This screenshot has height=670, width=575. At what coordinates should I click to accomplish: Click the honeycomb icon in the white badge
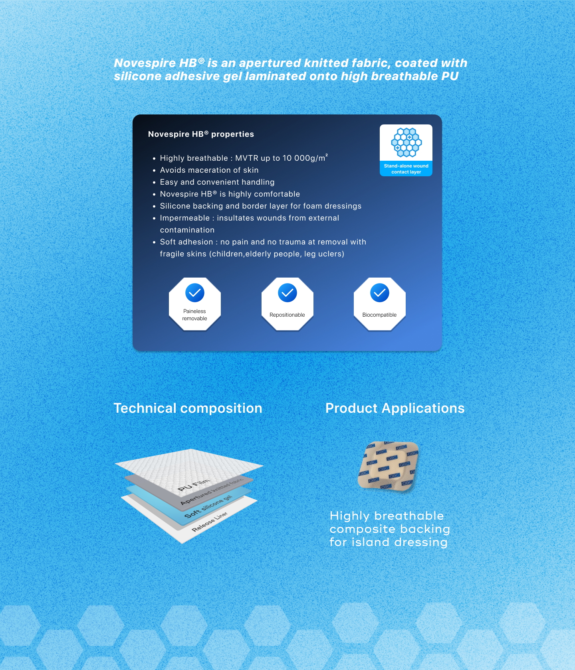point(406,142)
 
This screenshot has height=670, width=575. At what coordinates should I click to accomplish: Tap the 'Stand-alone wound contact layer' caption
point(406,169)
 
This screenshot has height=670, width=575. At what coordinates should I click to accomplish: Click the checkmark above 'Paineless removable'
point(195,293)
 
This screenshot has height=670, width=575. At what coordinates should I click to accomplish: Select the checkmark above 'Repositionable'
point(287,293)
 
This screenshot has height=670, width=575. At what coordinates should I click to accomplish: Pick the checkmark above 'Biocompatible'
point(380,293)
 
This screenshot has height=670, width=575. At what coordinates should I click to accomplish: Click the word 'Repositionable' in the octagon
point(287,315)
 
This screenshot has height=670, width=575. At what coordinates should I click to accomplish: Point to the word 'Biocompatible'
point(379,315)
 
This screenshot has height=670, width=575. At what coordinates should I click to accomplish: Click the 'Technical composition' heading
point(188,408)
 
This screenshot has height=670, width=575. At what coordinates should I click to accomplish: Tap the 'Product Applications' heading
point(395,408)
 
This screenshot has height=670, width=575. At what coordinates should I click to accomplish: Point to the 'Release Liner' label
point(210,522)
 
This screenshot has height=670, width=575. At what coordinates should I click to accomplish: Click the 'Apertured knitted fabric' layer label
point(212,491)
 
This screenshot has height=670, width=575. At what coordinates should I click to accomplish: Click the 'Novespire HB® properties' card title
point(201,134)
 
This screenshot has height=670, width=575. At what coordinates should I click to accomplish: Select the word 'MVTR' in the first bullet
point(247,158)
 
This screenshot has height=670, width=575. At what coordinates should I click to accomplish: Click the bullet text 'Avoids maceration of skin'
point(209,170)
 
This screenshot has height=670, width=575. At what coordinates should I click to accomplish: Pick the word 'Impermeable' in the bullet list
point(185,218)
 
